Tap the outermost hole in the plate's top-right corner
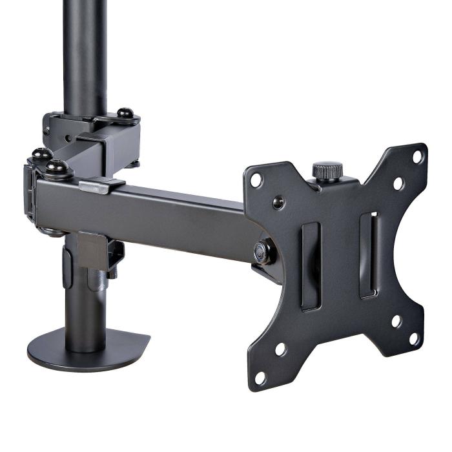click(x=417, y=156)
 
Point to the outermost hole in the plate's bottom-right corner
click(x=413, y=338)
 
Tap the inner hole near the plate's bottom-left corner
click(x=280, y=349)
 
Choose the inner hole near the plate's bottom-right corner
click(x=396, y=321)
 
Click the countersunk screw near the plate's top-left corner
click(x=278, y=203)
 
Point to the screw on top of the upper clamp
click(x=128, y=114)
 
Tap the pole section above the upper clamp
click(x=85, y=52)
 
